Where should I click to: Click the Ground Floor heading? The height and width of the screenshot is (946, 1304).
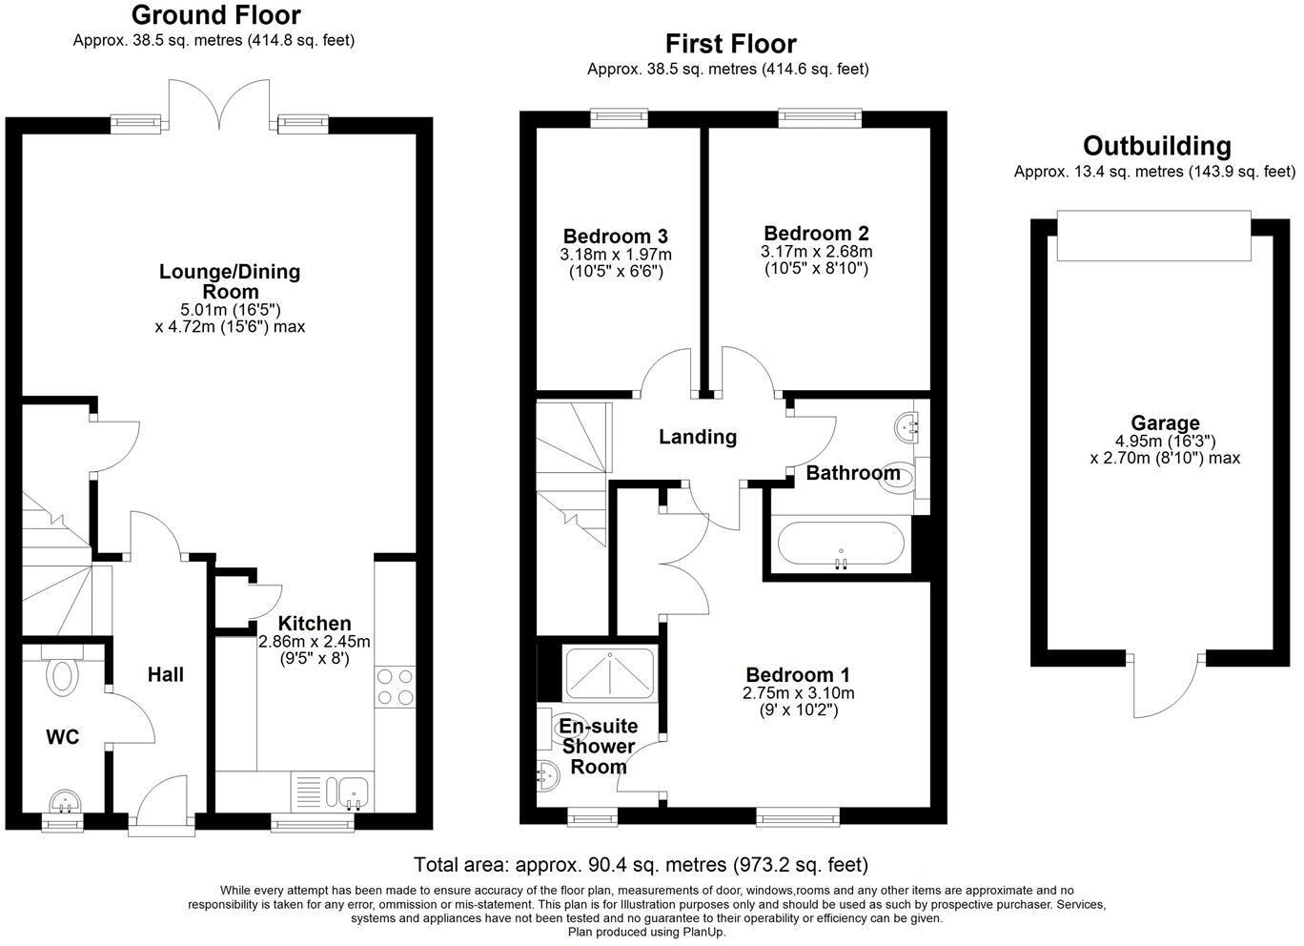[215, 15]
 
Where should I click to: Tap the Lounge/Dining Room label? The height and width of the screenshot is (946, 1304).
[229, 281]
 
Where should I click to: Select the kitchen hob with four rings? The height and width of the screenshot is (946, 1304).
[396, 686]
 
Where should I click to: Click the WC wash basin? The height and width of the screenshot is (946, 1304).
[65, 800]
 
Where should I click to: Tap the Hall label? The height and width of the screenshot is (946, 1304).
[165, 674]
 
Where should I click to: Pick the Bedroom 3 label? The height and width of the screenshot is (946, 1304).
[615, 236]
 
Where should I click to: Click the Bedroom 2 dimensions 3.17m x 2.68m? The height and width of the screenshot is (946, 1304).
[816, 252]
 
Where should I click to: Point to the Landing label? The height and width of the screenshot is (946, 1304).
[698, 437]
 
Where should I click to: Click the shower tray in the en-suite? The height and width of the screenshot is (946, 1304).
[610, 673]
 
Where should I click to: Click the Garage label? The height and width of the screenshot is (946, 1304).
[1165, 423]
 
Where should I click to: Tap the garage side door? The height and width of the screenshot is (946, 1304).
[1165, 687]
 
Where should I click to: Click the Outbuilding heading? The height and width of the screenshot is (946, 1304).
[1156, 146]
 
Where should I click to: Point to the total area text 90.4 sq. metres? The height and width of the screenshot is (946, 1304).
[641, 865]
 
